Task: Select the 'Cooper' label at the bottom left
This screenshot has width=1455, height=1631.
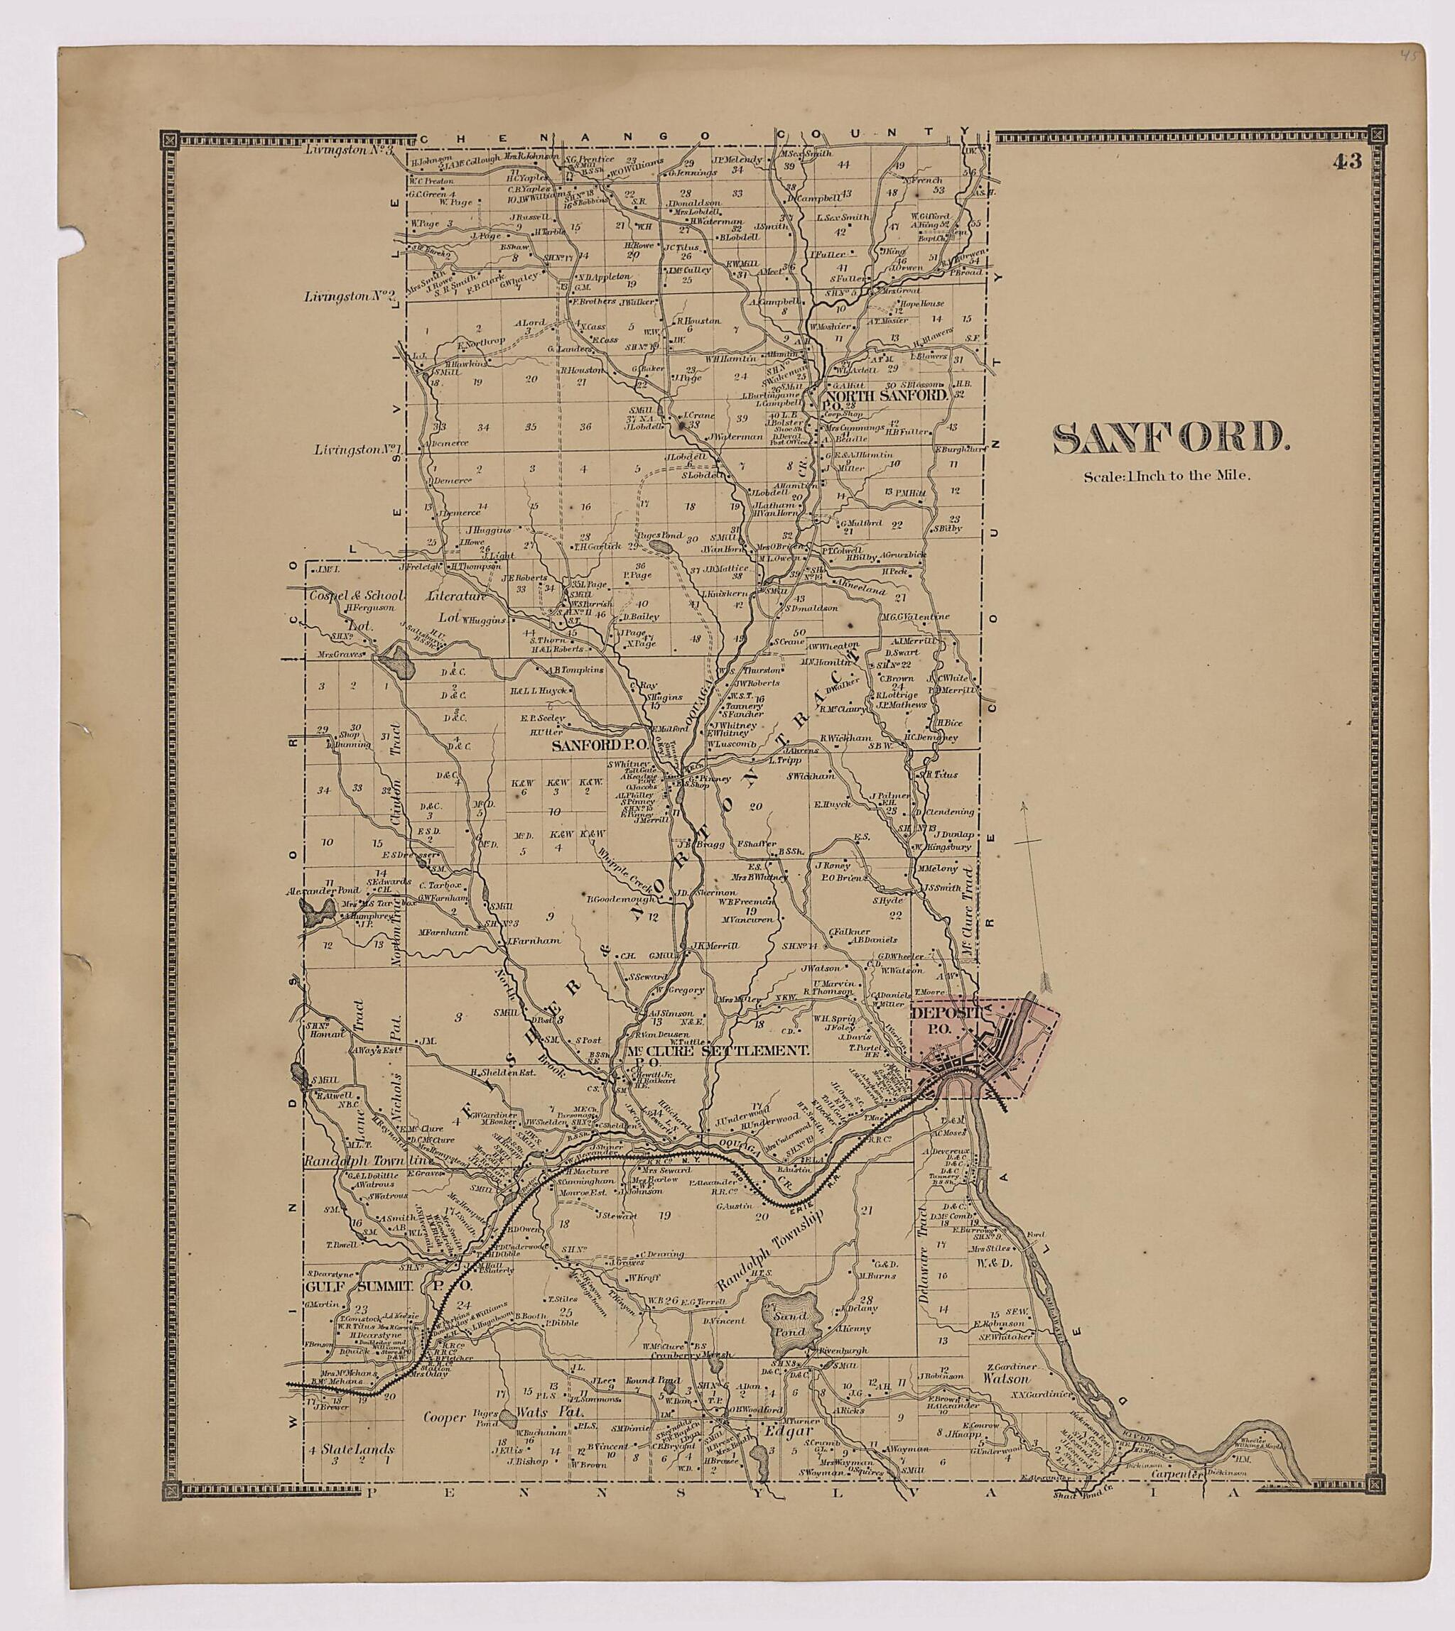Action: coord(445,1439)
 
